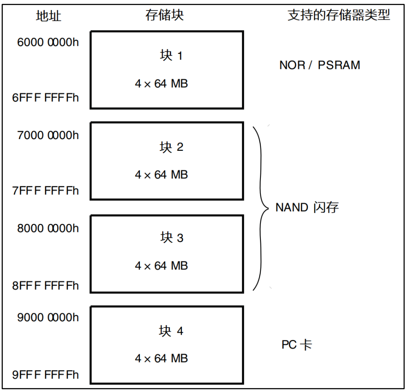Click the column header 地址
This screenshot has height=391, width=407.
tap(49, 16)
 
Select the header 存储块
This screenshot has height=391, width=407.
tap(164, 15)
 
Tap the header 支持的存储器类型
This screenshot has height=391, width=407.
tap(339, 15)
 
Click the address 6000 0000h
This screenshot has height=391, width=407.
tap(48, 43)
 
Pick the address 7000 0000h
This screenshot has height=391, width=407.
tap(48, 135)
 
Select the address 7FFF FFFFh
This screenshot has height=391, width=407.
tap(46, 191)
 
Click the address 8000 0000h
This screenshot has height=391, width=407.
tap(48, 229)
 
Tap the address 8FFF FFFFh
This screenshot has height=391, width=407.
tap(46, 286)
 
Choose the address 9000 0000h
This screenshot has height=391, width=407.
tap(48, 317)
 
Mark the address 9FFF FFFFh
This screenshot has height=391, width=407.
tap(46, 374)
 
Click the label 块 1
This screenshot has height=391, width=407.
tap(172, 56)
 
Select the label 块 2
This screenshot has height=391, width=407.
tap(172, 147)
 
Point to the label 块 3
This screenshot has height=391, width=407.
tap(172, 238)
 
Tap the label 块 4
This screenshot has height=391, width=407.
tap(172, 331)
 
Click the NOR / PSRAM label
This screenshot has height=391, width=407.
tap(320, 65)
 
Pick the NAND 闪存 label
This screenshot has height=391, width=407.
tap(307, 207)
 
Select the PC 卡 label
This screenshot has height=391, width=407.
tap(297, 345)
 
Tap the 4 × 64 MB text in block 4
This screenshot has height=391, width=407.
tap(162, 358)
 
